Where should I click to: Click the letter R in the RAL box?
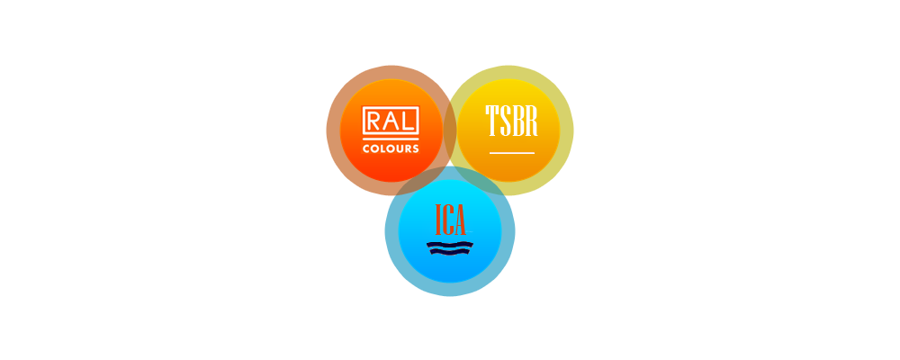tap(373, 121)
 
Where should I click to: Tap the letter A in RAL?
tap(391, 121)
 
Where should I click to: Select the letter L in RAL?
tap(408, 121)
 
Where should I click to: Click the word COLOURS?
tap(391, 148)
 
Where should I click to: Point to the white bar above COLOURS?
tap(391, 139)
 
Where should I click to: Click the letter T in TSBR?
tap(492, 121)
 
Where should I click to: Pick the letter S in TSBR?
tap(506, 121)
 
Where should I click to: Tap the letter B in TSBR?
tap(517, 121)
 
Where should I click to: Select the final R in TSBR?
tap(531, 121)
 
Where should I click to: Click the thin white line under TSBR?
tap(512, 153)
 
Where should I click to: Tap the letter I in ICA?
tap(438, 220)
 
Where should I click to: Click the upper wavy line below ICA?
tap(450, 245)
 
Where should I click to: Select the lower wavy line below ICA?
tap(450, 251)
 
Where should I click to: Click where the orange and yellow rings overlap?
tap(450, 130)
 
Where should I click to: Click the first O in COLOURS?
tap(375, 148)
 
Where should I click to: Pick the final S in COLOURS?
tap(415, 148)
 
